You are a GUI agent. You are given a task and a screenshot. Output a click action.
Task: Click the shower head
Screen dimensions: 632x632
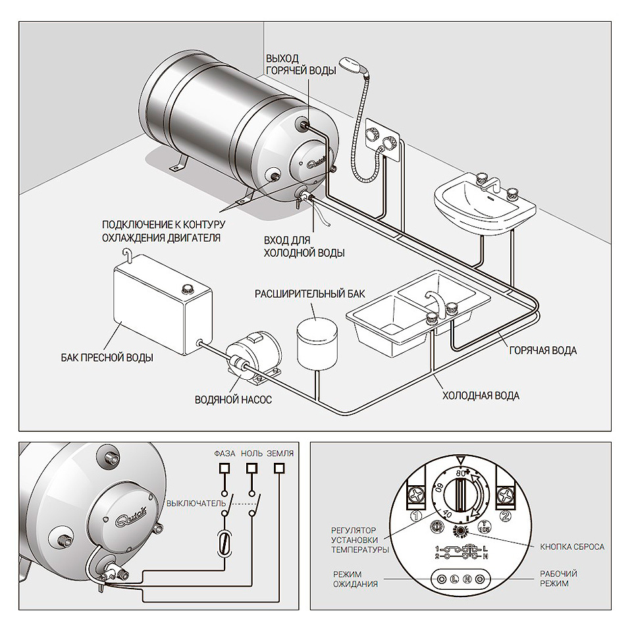(350, 67)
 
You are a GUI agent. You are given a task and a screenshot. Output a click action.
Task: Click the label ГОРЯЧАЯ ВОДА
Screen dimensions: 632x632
(542, 351)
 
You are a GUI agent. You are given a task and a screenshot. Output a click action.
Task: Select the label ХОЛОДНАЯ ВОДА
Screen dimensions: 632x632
(481, 396)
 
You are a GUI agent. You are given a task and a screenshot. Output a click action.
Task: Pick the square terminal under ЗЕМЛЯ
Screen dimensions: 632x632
(280, 468)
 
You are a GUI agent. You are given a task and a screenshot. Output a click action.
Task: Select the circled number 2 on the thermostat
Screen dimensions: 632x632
(505, 517)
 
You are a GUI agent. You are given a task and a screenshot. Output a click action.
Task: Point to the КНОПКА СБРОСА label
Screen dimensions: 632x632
(571, 546)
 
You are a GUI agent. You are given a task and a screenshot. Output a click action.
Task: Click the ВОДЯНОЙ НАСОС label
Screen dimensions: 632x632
(233, 400)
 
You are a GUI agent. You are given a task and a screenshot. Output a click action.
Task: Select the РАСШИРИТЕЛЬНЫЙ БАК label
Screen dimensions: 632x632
(309, 294)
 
